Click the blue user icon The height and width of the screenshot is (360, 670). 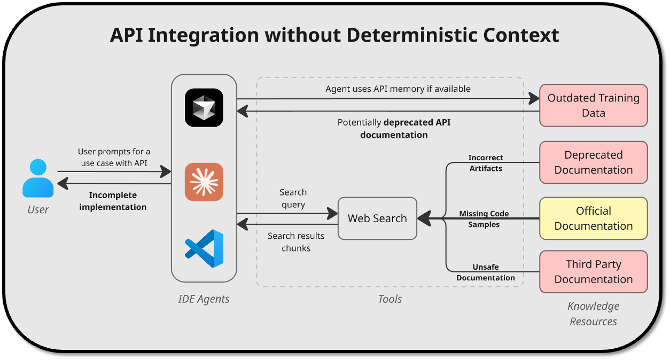38,178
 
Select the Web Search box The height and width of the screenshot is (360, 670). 377,218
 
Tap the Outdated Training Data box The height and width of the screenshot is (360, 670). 594,106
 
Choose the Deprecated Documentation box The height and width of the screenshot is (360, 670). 594,162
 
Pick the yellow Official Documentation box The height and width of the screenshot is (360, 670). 594,218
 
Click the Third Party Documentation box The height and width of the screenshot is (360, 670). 594,272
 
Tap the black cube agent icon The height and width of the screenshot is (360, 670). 204,108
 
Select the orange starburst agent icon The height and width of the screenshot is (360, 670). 204,182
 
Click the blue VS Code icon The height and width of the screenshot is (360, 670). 204,249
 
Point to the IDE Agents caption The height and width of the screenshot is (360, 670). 204,299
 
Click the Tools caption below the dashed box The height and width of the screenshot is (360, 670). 389,299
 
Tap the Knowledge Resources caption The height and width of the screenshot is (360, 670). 594,314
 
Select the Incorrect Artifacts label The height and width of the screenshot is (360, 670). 486,163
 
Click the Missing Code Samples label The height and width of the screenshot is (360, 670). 484,219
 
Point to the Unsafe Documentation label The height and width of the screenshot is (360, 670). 486,272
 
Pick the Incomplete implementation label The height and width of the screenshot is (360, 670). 113,201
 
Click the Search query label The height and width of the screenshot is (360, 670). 293,198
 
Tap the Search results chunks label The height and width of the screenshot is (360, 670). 296,242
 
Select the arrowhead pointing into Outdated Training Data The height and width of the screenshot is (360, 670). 534,98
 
